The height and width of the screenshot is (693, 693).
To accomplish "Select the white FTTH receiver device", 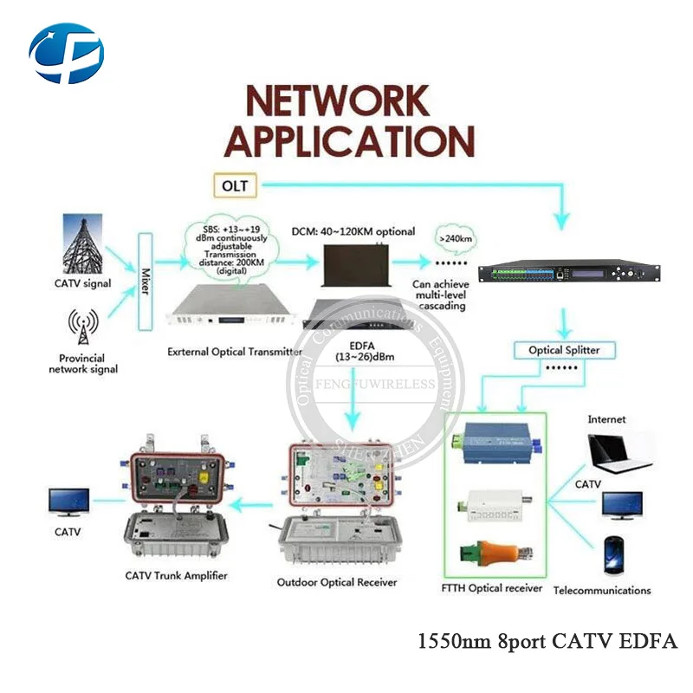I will click(x=498, y=504).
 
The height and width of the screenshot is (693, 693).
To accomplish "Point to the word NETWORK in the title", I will click(x=337, y=102).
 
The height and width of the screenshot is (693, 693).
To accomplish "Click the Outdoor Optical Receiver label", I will click(x=337, y=582).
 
